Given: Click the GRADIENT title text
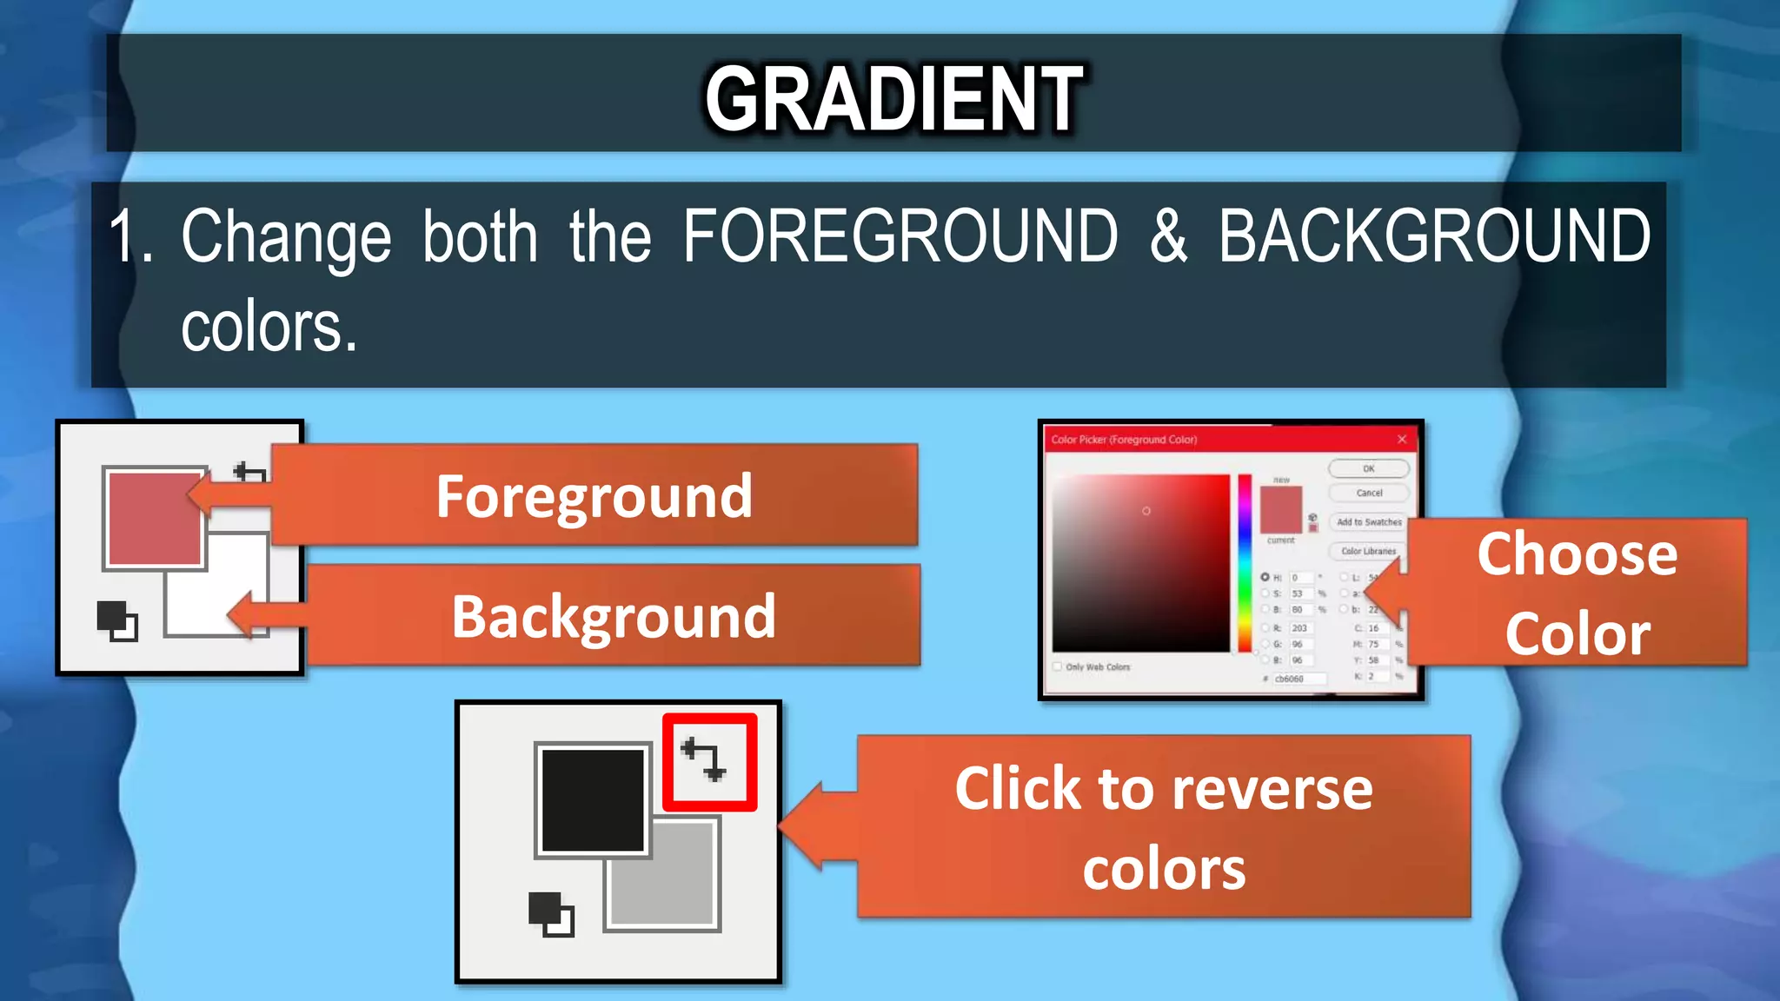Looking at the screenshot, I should pos(893,99).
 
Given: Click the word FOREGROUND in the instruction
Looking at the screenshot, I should pos(900,236).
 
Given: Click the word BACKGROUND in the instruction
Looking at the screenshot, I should pos(1434,236).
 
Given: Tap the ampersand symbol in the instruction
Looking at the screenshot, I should pos(1168,236).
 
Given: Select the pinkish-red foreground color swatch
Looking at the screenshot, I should pos(153,518).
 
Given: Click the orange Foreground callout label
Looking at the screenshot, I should pos(594,496).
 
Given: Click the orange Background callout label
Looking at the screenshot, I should pos(614,616).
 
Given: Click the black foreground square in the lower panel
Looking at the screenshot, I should pos(592,799).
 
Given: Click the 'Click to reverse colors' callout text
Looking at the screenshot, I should pos(1163,827).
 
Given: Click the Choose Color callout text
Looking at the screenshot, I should pos(1577,593).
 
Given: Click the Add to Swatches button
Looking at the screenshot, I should pos(1369,522).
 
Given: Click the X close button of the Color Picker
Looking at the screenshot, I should pos(1401,440).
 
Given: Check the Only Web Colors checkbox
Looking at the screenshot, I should pos(1058,667).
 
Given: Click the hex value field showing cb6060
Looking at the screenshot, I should pos(1298,679).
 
